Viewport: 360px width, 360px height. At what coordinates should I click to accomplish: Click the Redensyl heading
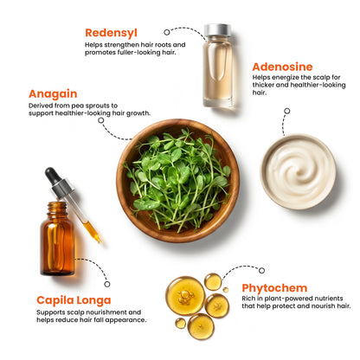click(x=111, y=33)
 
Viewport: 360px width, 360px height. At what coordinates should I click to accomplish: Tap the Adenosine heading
click(x=282, y=67)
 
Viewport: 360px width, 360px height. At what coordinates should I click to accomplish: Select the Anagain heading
click(x=53, y=94)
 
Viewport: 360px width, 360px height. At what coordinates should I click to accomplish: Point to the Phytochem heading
click(x=274, y=288)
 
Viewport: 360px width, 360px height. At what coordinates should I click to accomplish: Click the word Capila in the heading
click(x=55, y=300)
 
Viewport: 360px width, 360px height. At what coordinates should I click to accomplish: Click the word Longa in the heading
click(x=93, y=301)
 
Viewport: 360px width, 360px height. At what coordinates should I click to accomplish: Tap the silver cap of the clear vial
click(x=217, y=30)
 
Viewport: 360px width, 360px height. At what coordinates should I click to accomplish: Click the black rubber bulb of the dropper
click(x=52, y=176)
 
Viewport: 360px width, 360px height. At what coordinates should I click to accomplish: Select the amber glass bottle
click(x=57, y=239)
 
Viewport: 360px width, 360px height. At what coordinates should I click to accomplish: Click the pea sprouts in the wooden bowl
click(x=177, y=180)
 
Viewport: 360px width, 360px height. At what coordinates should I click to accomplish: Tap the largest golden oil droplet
click(x=185, y=296)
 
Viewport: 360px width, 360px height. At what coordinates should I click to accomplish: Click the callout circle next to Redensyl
click(x=167, y=32)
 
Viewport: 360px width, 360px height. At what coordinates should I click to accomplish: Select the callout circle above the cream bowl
click(x=287, y=111)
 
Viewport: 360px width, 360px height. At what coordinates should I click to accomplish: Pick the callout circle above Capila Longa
click(x=107, y=284)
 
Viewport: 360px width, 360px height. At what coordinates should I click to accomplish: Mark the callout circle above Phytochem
click(x=261, y=271)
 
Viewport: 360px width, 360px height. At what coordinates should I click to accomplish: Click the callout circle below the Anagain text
click(x=100, y=120)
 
